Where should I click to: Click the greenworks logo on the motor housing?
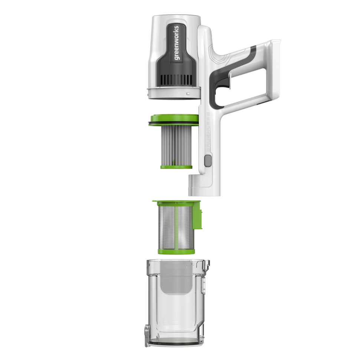pyautogui.click(x=177, y=42)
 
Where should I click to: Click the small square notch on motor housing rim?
pyautogui.click(x=189, y=94)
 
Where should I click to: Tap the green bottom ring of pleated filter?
pyautogui.click(x=176, y=167)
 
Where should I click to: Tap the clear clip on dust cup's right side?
pyautogui.click(x=204, y=286)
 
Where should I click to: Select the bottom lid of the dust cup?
pyautogui.click(x=174, y=344)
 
